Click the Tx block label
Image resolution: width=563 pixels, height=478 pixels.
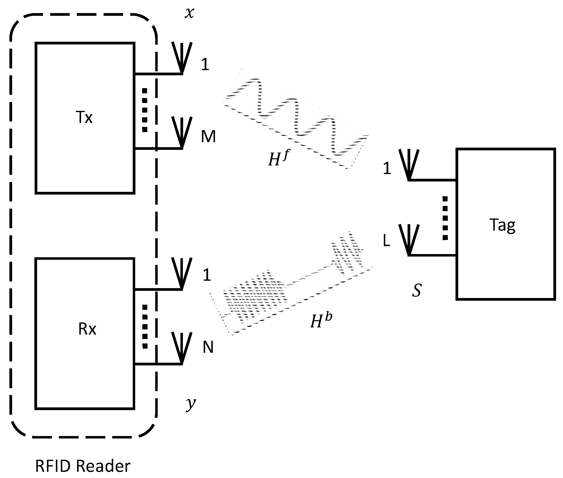pos(84,118)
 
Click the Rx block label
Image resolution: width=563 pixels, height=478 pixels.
pos(87,329)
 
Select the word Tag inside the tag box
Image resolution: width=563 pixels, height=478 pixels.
pos(502,225)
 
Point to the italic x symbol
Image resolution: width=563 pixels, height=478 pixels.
pos(189,13)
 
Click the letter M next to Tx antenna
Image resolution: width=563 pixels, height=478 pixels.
pos(208,137)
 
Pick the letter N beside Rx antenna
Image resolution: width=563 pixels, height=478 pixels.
pos(208,347)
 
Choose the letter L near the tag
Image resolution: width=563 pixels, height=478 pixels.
pos(386,240)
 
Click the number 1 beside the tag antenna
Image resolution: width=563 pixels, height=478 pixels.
pos(387,168)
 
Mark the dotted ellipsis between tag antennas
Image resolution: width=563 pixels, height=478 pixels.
pos(445,218)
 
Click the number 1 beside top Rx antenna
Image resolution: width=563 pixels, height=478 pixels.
pos(207,275)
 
